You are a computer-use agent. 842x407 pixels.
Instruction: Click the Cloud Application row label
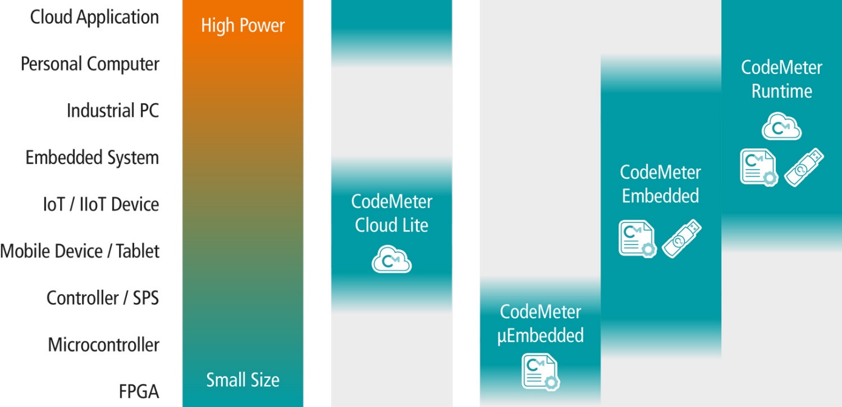point(94,18)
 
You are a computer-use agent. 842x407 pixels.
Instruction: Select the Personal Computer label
point(90,64)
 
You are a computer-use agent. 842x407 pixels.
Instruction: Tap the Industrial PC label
point(113,111)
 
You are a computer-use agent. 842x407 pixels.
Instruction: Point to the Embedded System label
point(92,157)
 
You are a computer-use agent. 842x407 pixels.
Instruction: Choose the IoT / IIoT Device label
point(101,205)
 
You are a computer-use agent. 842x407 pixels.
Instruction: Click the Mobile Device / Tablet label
point(80,251)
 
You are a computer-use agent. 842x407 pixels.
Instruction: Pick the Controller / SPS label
point(103,298)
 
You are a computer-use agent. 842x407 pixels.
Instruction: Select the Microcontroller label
point(103,344)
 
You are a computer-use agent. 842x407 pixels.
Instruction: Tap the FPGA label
point(138,392)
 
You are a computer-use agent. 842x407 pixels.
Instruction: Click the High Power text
point(243,26)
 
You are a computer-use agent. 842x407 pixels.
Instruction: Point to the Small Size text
point(243,380)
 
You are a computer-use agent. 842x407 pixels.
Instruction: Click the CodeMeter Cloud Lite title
point(392,213)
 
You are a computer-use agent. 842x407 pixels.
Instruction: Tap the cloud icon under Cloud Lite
point(392,259)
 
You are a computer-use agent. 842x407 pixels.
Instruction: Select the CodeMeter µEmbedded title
point(540,324)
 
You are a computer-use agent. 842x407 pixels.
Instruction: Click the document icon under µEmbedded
point(540,372)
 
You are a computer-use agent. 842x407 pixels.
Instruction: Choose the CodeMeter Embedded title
point(660,184)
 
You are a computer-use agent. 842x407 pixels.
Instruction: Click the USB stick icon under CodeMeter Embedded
point(682,239)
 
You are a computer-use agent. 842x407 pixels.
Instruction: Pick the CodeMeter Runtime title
point(782,80)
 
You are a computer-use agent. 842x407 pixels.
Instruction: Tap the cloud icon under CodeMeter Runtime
point(781,126)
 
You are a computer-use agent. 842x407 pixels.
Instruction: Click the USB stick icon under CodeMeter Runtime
point(804,168)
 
